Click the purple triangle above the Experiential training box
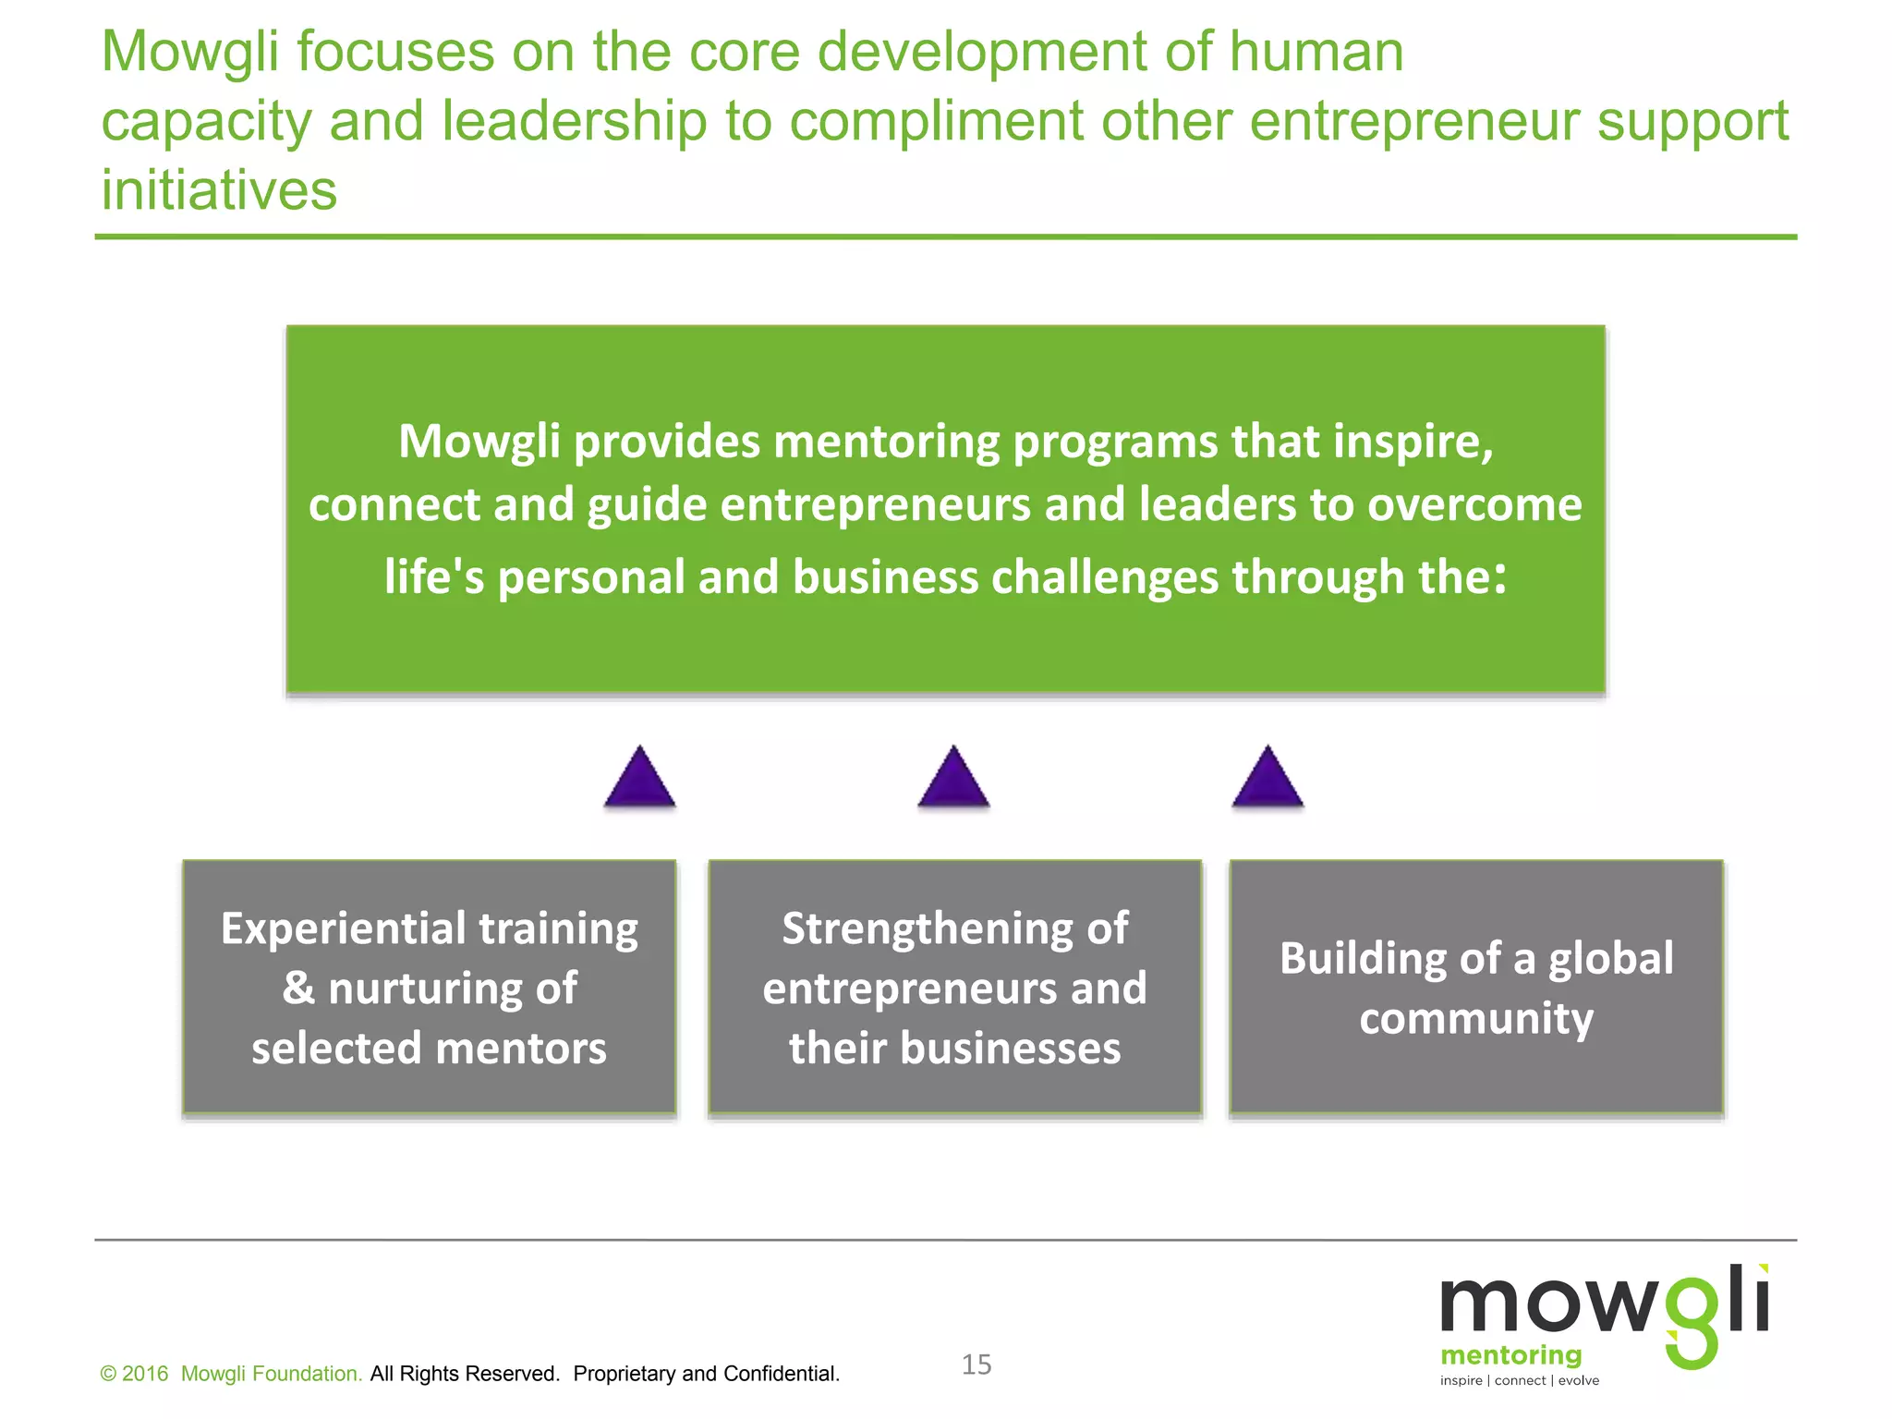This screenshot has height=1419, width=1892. (x=639, y=779)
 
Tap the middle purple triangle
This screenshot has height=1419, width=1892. (x=953, y=779)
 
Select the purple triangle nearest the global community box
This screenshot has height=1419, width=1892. (x=1267, y=779)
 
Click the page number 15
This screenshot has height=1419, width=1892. (x=976, y=1364)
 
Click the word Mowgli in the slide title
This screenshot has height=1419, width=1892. (x=189, y=52)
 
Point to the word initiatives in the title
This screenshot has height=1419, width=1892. (x=219, y=190)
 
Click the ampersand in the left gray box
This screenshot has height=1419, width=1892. (x=298, y=988)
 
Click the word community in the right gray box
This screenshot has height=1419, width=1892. (x=1476, y=1019)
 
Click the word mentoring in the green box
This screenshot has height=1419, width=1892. (x=887, y=442)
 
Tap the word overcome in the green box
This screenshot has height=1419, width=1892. (x=1474, y=505)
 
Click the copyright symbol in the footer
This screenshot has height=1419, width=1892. (x=108, y=1375)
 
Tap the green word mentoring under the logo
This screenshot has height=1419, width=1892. (x=1510, y=1355)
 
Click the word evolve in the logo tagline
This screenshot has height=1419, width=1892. (x=1579, y=1381)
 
